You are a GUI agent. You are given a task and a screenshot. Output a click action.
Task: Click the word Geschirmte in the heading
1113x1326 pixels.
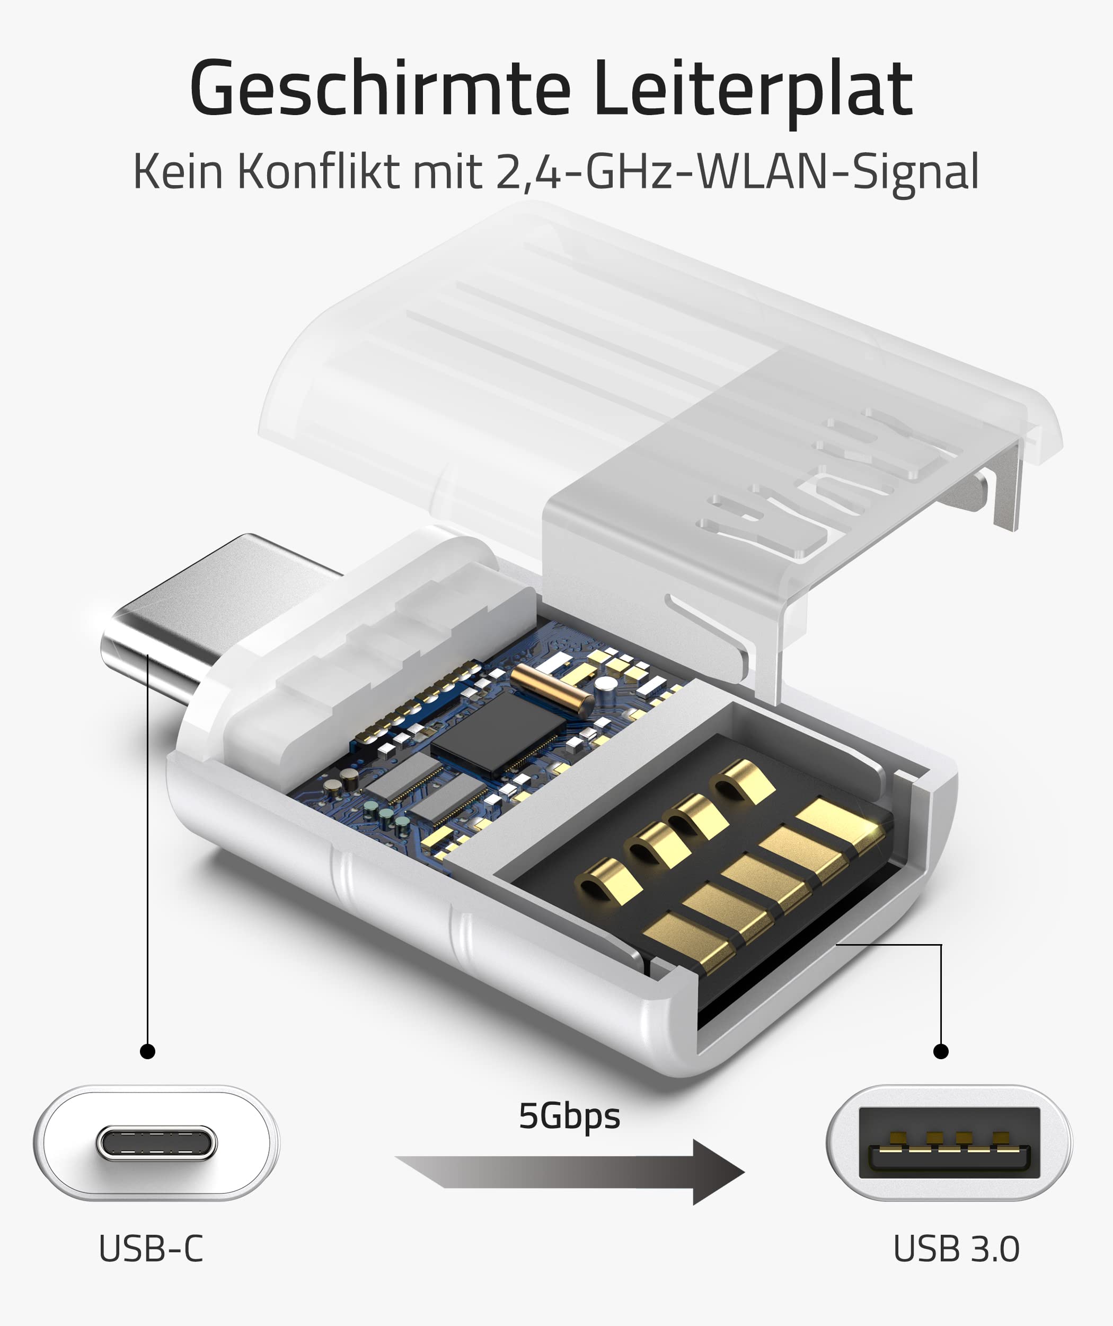click(x=380, y=89)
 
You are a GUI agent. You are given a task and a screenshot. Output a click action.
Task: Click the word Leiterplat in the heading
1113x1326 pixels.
click(x=753, y=89)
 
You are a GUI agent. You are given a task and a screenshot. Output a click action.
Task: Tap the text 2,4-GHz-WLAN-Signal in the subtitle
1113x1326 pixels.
click(x=737, y=172)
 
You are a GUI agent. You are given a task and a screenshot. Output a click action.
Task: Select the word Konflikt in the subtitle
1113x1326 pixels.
click(x=319, y=172)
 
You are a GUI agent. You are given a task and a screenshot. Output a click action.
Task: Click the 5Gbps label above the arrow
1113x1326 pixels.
click(x=569, y=1116)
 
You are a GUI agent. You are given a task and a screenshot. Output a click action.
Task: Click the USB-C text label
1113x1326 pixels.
click(x=152, y=1249)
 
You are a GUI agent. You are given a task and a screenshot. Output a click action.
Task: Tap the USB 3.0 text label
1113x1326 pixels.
click(x=956, y=1249)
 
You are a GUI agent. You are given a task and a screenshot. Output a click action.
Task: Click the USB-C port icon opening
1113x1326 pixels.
click(x=156, y=1143)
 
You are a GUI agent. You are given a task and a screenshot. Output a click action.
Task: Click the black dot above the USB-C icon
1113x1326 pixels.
click(x=148, y=1051)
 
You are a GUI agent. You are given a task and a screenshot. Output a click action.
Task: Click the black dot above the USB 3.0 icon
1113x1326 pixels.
click(x=941, y=1051)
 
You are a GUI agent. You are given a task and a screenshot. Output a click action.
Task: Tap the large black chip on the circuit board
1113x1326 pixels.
click(x=498, y=732)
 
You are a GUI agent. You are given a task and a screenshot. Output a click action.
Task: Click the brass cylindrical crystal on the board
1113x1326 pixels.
click(x=551, y=689)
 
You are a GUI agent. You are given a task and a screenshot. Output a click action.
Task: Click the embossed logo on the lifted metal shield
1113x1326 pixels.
click(x=820, y=486)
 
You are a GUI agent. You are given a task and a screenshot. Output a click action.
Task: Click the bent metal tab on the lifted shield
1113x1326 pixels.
click(x=1007, y=486)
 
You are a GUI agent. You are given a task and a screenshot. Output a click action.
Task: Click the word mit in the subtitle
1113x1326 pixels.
click(x=447, y=172)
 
